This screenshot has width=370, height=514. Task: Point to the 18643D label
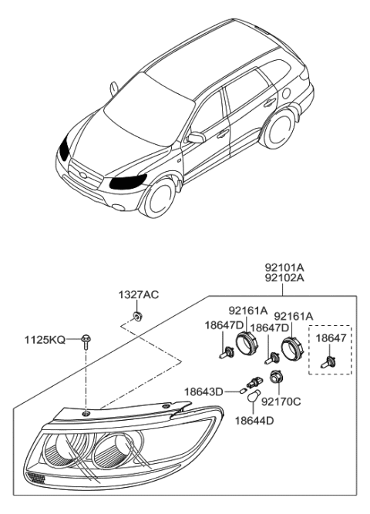coord(202,391)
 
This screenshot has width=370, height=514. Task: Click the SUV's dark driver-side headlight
coord(128,183)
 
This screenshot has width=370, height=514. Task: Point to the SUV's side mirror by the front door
coord(196,138)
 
